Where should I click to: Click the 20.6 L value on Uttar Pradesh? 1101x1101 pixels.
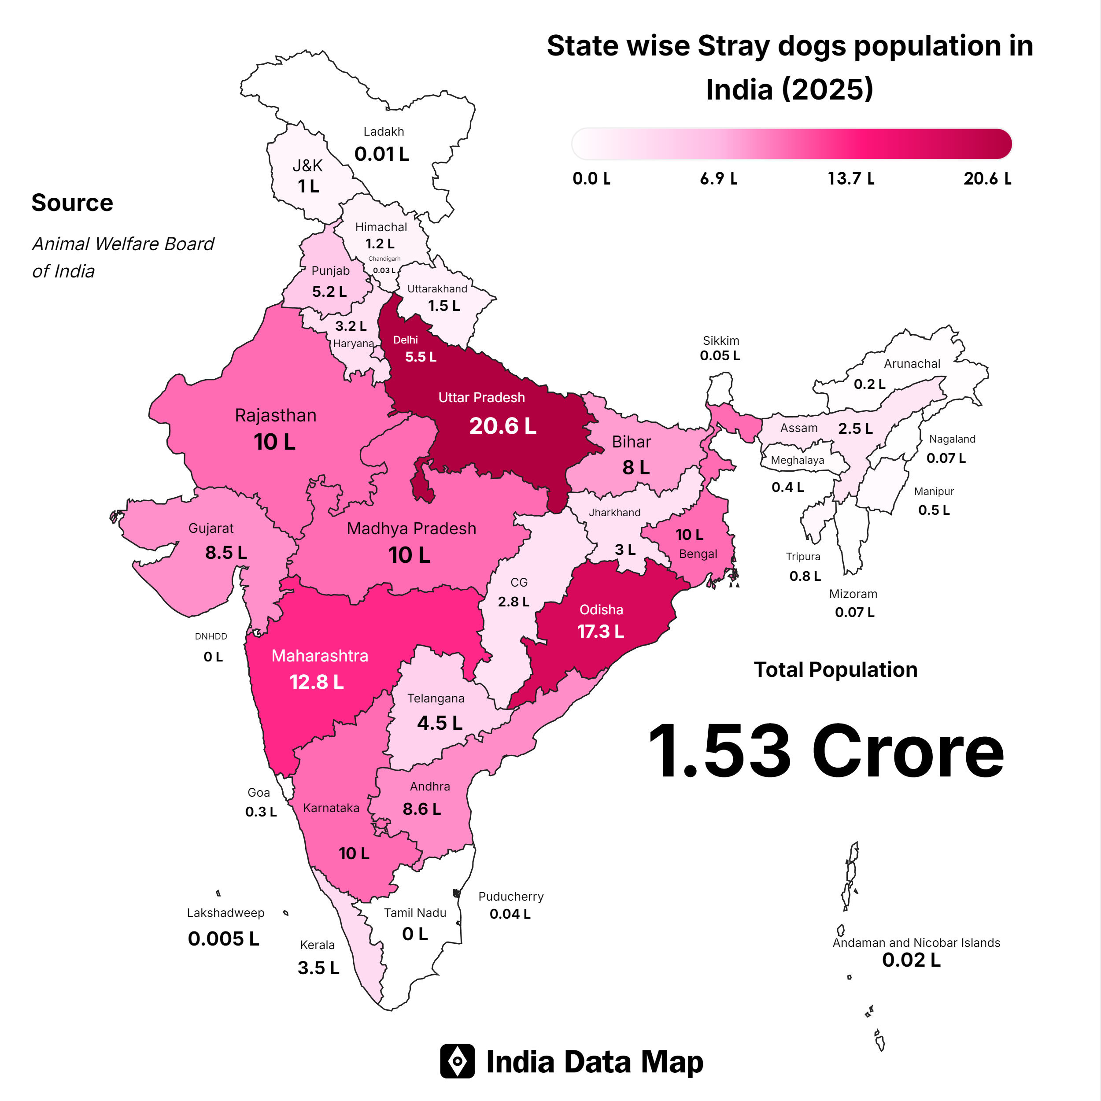502,426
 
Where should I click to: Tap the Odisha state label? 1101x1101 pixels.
601,610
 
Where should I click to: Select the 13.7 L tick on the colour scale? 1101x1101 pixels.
851,179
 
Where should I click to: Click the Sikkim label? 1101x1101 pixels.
721,341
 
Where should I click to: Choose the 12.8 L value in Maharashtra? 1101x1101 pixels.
317,682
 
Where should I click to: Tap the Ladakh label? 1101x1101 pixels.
384,132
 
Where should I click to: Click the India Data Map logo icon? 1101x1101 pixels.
457,1061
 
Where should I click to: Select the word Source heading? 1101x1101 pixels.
72,203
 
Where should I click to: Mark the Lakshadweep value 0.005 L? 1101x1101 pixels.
223,938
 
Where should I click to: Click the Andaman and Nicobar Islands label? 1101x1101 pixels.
916,942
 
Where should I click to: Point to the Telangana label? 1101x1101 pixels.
436,698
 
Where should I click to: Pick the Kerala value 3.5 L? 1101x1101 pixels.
318,968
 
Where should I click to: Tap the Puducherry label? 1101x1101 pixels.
510,896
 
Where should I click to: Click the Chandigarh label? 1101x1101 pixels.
384,259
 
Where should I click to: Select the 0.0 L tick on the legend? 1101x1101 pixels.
591,179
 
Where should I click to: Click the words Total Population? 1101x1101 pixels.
835,669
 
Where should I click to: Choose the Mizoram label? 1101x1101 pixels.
853,594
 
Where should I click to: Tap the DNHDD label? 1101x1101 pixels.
211,636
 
